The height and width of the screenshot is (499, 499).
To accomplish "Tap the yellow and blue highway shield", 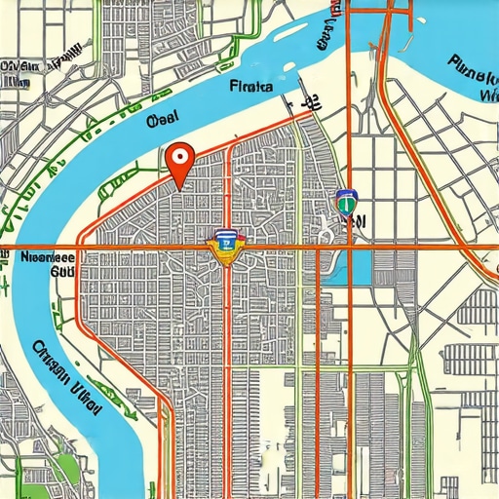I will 226,247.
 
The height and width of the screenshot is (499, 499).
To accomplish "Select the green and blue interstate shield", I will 344,202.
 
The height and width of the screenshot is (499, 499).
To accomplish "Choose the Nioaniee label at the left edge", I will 49,259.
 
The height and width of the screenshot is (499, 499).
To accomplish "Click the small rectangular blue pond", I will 360,266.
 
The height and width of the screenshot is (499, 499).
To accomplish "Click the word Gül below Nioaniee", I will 62,274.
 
